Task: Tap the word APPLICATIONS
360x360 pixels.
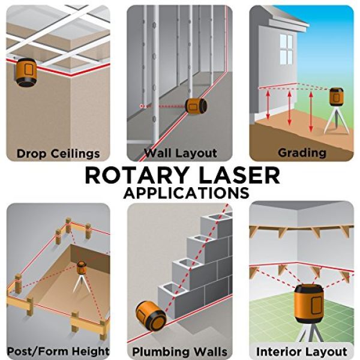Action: point(186,193)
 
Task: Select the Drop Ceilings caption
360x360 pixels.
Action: point(58,154)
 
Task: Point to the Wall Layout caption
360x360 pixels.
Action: point(181,153)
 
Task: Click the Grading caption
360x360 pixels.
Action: point(302,153)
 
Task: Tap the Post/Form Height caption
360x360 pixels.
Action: point(58,351)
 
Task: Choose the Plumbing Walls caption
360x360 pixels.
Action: point(180,352)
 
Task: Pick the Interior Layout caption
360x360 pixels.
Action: point(302,352)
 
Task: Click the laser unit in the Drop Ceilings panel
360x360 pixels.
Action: point(25,72)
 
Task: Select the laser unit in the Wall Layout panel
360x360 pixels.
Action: point(196,106)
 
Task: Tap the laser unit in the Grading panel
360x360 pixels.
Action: point(337,97)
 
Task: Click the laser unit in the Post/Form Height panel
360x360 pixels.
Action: point(81,268)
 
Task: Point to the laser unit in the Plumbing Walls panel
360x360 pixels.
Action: point(151,316)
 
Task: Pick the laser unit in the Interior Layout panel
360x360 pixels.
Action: point(309,304)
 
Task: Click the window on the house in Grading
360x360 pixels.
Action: point(286,49)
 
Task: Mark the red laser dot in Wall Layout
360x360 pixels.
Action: point(142,106)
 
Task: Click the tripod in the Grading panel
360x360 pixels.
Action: point(337,120)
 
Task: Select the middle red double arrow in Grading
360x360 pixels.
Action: point(290,108)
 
